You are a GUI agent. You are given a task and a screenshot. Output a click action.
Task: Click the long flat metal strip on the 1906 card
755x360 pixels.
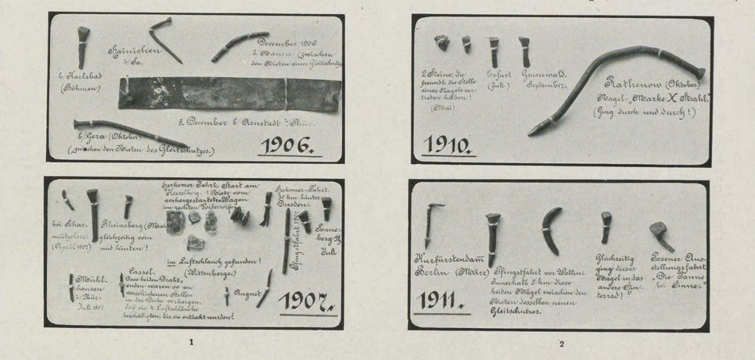pyautogui.click(x=229, y=93)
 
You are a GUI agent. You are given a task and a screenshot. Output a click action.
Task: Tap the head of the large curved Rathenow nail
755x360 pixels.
pyautogui.click(x=700, y=73)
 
